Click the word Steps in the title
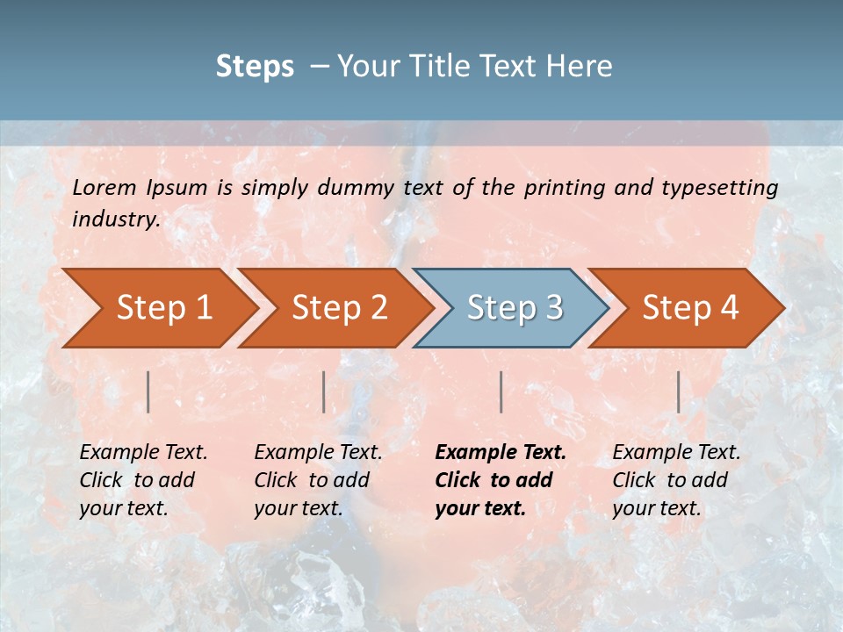click(x=255, y=66)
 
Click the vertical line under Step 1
click(x=148, y=391)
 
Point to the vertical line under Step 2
click(x=324, y=391)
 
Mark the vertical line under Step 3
click(x=501, y=391)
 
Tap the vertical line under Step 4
click(x=678, y=391)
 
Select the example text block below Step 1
click(x=143, y=479)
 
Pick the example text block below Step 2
click(x=318, y=479)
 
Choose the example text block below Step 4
click(x=676, y=479)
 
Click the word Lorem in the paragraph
click(x=105, y=187)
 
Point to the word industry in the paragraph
click(x=116, y=219)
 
